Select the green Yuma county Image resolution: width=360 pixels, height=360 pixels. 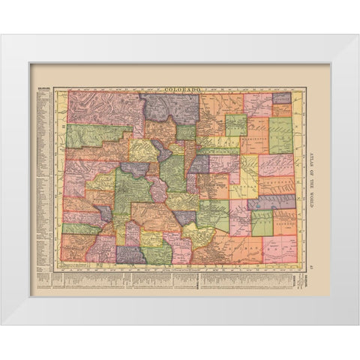[x=280, y=136]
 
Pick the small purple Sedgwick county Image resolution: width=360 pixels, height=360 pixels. [x=281, y=98]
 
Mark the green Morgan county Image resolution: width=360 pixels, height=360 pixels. [x=235, y=124]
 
